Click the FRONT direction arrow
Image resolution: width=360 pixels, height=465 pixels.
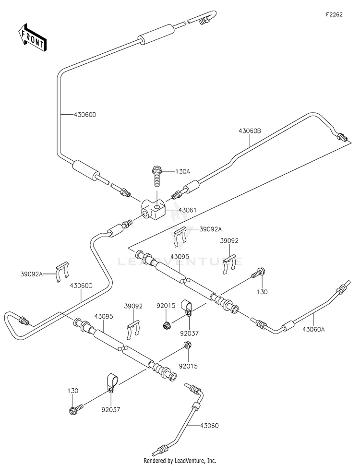tap(32, 37)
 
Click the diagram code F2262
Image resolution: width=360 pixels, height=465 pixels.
tap(334, 14)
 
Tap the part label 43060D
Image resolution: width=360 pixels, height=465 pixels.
tap(85, 115)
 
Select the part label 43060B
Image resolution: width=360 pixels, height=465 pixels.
tap(250, 131)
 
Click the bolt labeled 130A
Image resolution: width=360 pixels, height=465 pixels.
tap(156, 176)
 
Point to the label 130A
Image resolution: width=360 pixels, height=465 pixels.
tap(183, 171)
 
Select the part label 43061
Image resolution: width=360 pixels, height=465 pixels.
tap(187, 210)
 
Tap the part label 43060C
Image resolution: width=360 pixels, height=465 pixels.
tap(81, 286)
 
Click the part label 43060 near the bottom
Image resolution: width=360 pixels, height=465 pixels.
tap(209, 426)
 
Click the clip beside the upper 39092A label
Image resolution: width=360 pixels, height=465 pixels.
tap(180, 237)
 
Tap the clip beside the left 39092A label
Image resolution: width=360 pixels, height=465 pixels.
tap(62, 272)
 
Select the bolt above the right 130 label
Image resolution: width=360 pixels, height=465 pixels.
tap(258, 273)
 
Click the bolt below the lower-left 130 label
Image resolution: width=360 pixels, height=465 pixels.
tap(76, 409)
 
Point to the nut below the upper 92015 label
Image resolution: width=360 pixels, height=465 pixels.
tap(167, 325)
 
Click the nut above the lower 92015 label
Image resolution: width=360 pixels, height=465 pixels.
tap(187, 345)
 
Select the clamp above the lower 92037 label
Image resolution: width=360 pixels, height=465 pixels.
tap(112, 383)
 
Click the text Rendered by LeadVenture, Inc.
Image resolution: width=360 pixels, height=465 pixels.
tap(180, 461)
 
